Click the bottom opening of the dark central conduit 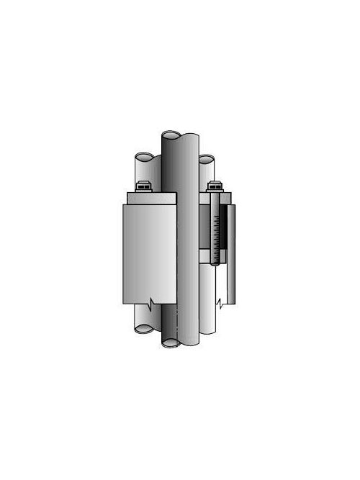(x=171, y=343)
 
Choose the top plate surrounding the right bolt (x=216, y=197)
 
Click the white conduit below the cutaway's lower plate (x=210, y=288)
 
